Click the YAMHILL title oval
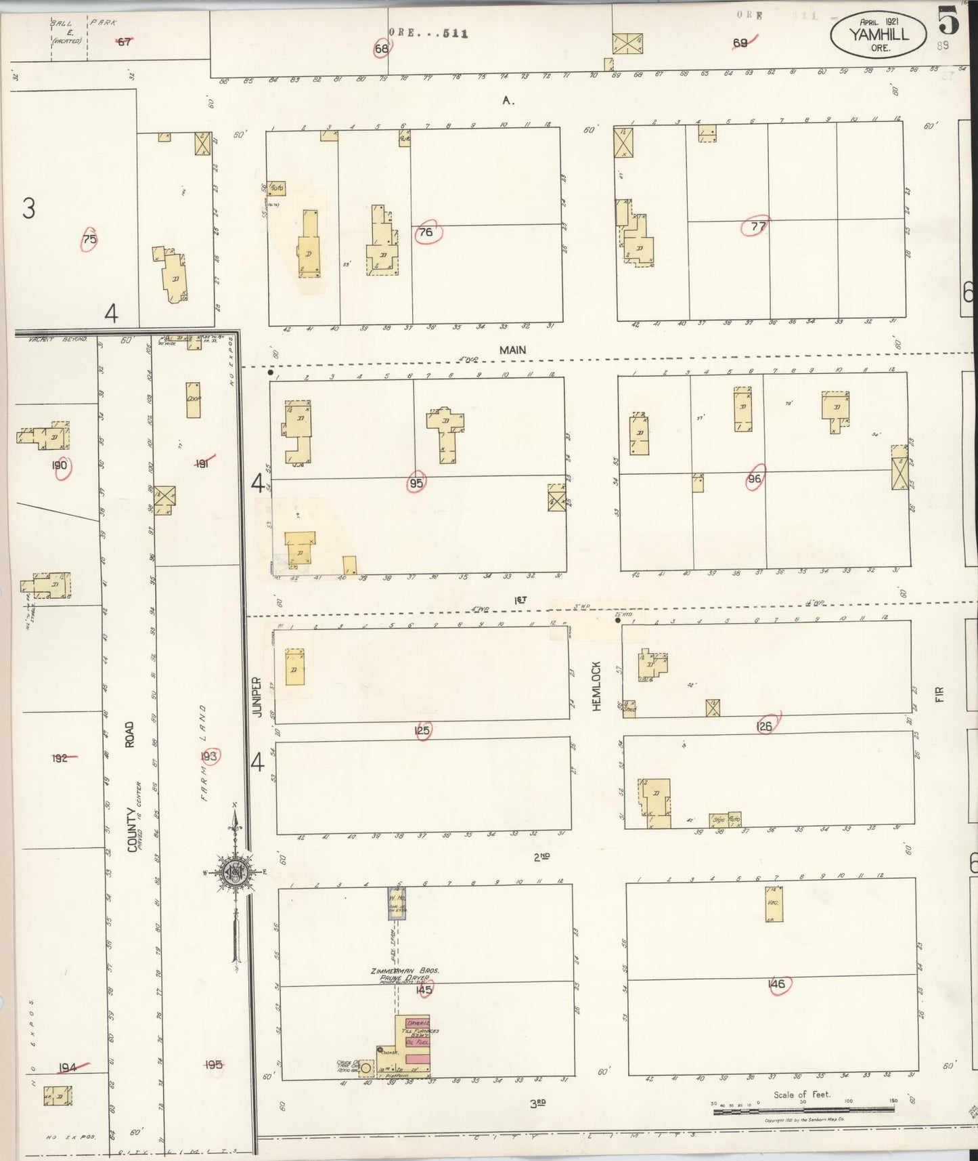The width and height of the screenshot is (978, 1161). point(879,35)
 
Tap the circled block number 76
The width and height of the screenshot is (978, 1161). point(426,232)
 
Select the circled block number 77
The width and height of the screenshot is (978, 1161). point(757,226)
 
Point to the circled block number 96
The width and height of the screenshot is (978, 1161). point(754,478)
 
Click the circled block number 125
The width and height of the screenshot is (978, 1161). point(422,730)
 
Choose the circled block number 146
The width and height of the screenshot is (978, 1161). point(777,984)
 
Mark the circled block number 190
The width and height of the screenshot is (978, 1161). point(60,465)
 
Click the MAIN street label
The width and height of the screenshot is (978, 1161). point(512,350)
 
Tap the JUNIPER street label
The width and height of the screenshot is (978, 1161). point(257,696)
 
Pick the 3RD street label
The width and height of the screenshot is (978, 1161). point(538,1103)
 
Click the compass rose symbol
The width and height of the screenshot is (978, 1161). point(234,872)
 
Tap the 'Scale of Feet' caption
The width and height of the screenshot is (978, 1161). point(802,1095)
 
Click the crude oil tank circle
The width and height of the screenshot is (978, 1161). point(366,1068)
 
